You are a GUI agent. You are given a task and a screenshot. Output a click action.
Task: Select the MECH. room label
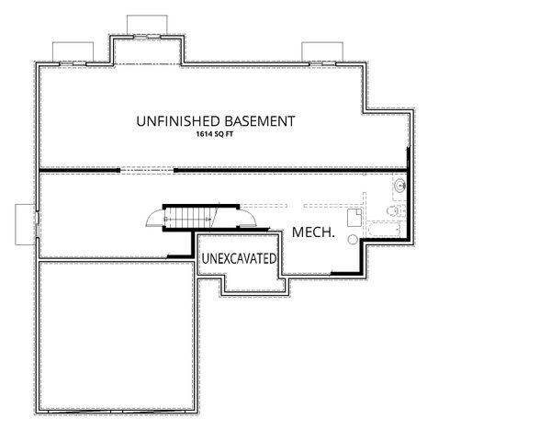click(x=312, y=234)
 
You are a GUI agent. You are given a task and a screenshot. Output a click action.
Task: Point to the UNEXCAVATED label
click(x=239, y=259)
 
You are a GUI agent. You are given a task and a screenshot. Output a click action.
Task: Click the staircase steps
click(x=189, y=219)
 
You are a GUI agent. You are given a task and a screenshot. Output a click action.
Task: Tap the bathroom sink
click(x=399, y=187)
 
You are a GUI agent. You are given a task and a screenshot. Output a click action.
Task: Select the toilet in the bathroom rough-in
click(x=392, y=212)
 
